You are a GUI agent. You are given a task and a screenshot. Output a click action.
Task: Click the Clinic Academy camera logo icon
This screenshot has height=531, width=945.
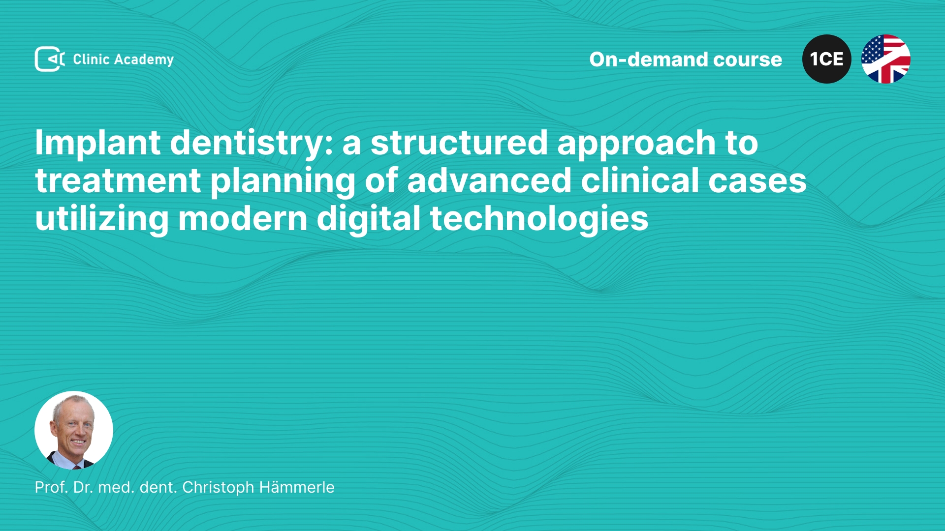click(50, 59)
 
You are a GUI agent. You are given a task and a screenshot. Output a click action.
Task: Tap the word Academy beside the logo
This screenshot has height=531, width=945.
click(144, 60)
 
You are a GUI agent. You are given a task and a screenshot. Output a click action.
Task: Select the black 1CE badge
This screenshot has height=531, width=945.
click(826, 59)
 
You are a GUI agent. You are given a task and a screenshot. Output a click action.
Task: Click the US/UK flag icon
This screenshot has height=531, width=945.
click(885, 59)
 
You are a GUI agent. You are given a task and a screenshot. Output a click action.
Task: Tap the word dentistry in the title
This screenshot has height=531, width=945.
click(252, 144)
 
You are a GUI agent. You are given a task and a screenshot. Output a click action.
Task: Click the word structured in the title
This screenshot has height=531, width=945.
click(459, 143)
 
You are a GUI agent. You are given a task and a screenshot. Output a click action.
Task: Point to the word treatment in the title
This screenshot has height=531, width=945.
click(118, 181)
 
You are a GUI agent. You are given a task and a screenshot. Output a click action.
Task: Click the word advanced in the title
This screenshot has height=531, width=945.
click(489, 180)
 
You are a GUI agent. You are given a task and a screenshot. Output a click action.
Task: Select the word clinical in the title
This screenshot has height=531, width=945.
click(640, 180)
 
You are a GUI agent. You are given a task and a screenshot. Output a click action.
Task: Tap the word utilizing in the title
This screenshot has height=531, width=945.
click(102, 219)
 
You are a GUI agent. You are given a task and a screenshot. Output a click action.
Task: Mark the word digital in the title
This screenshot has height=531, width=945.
click(369, 219)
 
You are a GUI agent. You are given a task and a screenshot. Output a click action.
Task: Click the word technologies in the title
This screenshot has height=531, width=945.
click(539, 219)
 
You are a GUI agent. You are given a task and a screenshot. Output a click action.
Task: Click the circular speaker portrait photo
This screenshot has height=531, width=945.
click(74, 430)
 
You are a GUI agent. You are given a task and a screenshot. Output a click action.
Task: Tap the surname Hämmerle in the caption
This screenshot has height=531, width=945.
click(297, 487)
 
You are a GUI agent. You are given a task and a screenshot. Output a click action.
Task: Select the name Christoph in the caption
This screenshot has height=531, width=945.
click(218, 488)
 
